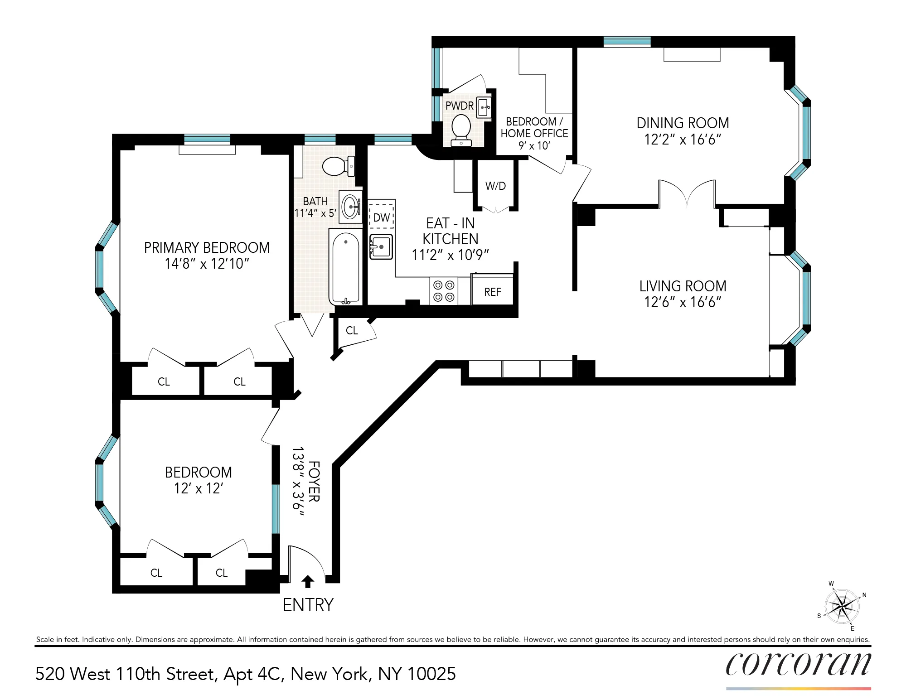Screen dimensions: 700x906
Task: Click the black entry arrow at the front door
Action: (307, 581)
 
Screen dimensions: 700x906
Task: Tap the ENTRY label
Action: (308, 605)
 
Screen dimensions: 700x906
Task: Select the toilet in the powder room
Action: (461, 127)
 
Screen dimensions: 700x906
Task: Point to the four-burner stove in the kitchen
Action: (444, 291)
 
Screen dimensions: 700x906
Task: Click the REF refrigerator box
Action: (493, 292)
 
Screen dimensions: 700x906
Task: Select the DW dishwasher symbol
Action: (382, 217)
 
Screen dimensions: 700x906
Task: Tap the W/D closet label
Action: (495, 186)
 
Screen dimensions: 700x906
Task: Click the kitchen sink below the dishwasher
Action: (381, 247)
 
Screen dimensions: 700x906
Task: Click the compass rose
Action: (842, 606)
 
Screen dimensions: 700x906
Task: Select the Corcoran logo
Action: (798, 665)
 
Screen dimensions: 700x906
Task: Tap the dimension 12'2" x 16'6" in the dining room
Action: (683, 140)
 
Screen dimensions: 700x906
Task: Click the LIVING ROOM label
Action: (683, 286)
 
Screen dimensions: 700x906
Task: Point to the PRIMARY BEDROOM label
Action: (207, 247)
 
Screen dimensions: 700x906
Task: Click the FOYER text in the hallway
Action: (314, 481)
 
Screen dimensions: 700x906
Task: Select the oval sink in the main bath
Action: (351, 207)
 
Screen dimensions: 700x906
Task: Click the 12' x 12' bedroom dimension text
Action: (198, 488)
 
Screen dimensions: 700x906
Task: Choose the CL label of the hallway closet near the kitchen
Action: (352, 330)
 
